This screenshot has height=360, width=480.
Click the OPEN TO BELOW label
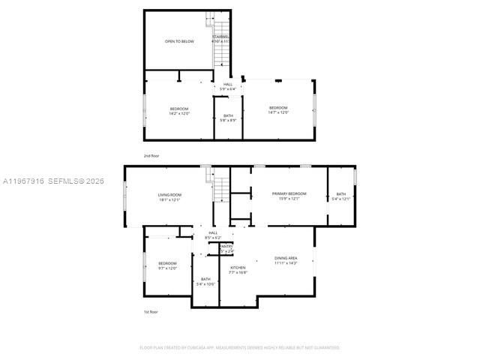click(x=179, y=41)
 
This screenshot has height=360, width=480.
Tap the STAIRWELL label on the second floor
click(x=221, y=38)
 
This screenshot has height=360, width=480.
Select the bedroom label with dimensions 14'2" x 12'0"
click(x=179, y=111)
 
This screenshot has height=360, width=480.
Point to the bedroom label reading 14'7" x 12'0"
click(x=278, y=110)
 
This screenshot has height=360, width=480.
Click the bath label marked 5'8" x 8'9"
click(x=228, y=118)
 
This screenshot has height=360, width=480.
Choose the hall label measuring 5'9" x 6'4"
click(x=228, y=87)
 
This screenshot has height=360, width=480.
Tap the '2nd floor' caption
click(x=151, y=155)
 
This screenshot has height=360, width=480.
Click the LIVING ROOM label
click(x=169, y=197)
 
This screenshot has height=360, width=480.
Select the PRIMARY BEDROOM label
click(x=289, y=196)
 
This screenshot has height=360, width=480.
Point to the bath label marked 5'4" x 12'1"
click(x=341, y=196)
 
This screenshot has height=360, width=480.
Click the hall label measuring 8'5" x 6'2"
click(x=208, y=235)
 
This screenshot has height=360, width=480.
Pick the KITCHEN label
click(x=238, y=270)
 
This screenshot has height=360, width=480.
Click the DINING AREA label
click(x=286, y=260)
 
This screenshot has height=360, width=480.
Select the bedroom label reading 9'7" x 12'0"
click(x=167, y=265)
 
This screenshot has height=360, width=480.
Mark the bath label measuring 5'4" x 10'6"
click(x=205, y=281)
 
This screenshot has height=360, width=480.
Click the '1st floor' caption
click(x=151, y=311)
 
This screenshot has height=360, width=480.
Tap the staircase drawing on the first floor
click(x=221, y=186)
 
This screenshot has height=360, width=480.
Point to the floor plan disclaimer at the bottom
click(x=240, y=347)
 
